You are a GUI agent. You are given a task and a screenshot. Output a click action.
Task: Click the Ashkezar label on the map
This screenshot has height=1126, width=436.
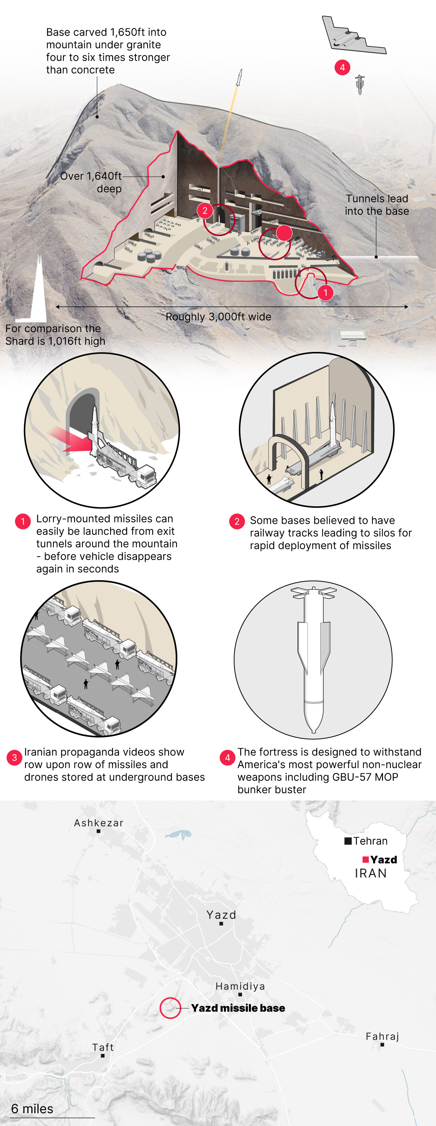99,823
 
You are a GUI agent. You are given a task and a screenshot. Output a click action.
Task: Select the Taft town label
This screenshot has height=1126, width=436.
103,1047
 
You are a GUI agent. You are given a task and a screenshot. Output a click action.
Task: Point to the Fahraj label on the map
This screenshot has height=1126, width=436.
382,1036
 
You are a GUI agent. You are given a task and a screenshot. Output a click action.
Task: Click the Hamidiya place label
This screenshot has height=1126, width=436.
240,986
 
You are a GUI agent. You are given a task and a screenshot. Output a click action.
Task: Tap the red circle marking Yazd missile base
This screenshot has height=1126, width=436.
170,1008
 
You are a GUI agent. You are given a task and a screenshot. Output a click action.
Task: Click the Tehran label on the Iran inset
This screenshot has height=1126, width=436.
370,841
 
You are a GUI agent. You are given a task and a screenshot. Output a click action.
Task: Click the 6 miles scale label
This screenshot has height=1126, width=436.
32,1108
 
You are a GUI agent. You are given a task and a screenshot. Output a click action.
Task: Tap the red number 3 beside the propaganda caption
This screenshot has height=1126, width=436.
15,758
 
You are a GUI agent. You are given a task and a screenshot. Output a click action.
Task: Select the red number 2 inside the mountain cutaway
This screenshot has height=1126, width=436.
205,211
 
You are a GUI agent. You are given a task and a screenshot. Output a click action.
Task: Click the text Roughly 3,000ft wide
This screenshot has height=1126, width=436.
218,316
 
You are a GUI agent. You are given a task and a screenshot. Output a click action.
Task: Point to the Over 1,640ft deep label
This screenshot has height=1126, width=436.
91,182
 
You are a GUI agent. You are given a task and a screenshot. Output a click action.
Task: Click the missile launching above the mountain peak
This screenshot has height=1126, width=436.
239,78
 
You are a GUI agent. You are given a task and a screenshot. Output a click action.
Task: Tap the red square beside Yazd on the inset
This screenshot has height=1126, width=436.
366,859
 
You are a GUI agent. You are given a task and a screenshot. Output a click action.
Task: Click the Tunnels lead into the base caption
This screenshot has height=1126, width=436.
377,205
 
